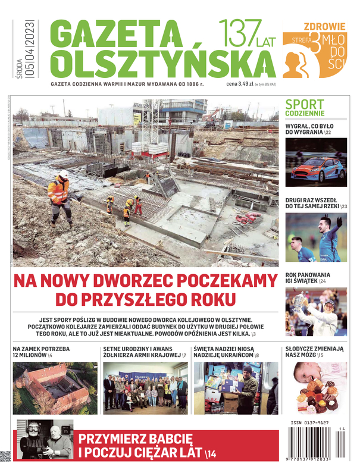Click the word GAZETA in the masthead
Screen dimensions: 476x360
click(115, 35)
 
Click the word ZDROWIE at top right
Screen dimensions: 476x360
click(324, 26)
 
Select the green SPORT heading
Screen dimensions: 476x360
click(305, 104)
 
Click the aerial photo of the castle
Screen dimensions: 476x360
click(55, 388)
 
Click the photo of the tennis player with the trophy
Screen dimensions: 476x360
click(315, 312)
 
